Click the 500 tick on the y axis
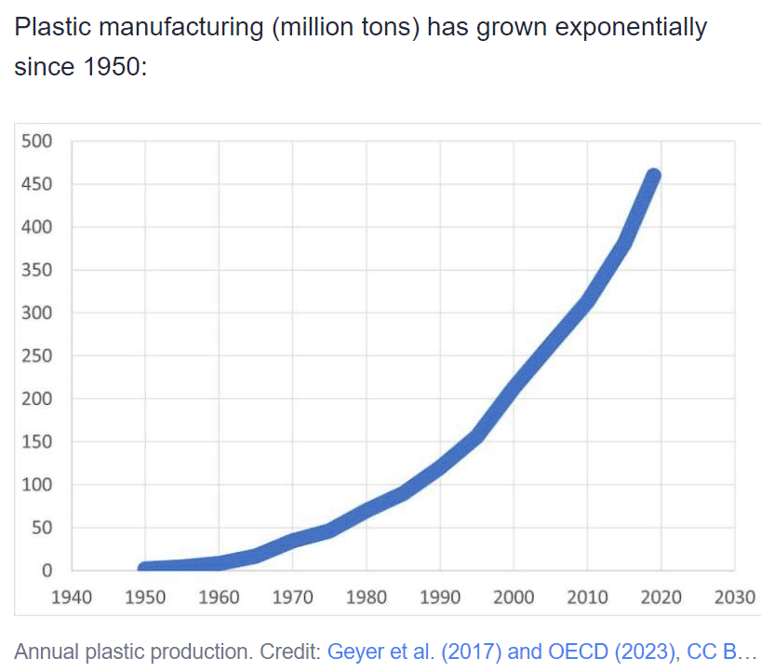38,141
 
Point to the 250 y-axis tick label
38,356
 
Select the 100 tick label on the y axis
38,485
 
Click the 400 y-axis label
38,227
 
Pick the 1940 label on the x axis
72,598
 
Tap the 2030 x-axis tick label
735,598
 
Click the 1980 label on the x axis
367,598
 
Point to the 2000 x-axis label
514,598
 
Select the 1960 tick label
219,598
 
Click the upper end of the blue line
653,176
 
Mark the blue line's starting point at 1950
145,568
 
